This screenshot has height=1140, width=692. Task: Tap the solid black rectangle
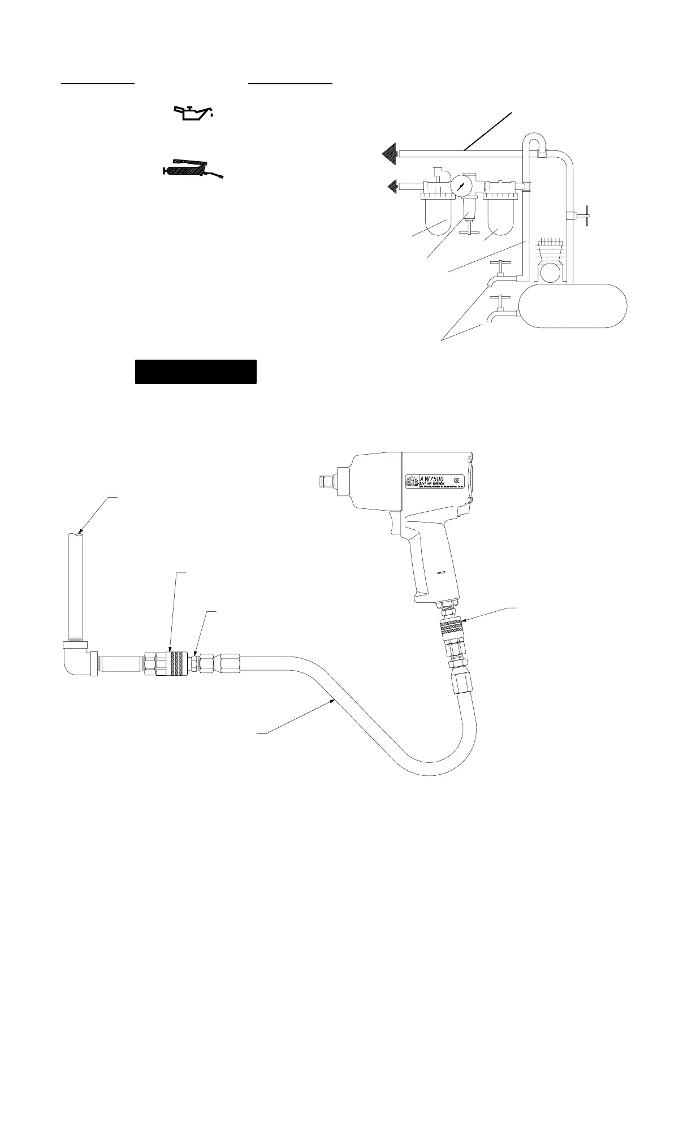(x=196, y=372)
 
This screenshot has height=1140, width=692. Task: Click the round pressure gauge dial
(x=463, y=185)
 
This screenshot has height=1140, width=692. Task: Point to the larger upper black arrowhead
(x=390, y=153)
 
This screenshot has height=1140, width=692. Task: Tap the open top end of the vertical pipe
(x=76, y=534)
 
